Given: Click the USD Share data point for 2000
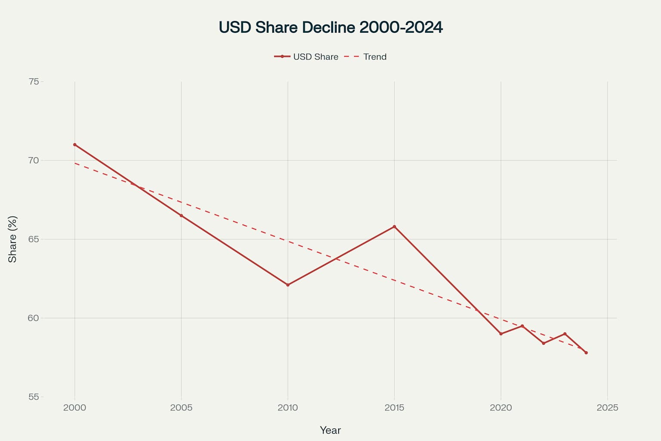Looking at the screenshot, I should [x=74, y=145].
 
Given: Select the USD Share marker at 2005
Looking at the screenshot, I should [x=181, y=216].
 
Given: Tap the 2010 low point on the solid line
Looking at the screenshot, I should [x=288, y=285].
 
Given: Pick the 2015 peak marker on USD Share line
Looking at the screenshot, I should [x=394, y=227].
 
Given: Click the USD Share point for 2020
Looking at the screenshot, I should [x=501, y=334].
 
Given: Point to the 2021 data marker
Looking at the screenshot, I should [x=522, y=326].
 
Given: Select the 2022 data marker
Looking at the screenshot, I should [x=544, y=343].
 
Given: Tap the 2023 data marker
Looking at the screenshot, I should [x=565, y=334].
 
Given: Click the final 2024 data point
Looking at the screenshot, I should [x=586, y=353].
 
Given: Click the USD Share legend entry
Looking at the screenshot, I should [x=306, y=57].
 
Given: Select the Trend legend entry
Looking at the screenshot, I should [x=366, y=57].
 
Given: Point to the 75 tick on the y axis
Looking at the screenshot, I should [x=34, y=81].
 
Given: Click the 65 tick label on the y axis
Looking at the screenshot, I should [x=34, y=239].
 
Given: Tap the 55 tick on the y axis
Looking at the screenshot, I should [x=34, y=397].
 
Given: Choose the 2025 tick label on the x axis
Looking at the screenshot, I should [x=607, y=407].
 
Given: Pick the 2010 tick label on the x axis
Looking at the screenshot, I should [x=288, y=407].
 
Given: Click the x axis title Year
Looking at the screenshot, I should [x=330, y=430].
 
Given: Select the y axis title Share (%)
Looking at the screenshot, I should [x=12, y=239].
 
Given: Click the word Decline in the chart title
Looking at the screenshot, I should [x=328, y=27].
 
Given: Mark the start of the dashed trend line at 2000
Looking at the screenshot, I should [x=75, y=163].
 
